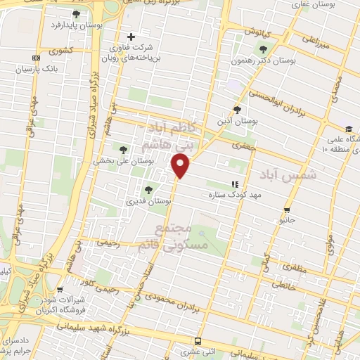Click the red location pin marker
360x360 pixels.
[181, 165]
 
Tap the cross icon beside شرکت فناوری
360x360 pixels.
[131, 37]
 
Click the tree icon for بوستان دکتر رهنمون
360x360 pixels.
[263, 49]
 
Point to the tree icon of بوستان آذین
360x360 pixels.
[237, 109]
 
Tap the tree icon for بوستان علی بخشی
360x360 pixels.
[124, 149]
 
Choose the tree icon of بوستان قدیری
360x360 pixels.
[148, 189]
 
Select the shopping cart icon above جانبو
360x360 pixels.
[286, 210]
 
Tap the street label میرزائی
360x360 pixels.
[316, 44]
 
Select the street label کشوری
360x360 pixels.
[58, 51]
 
